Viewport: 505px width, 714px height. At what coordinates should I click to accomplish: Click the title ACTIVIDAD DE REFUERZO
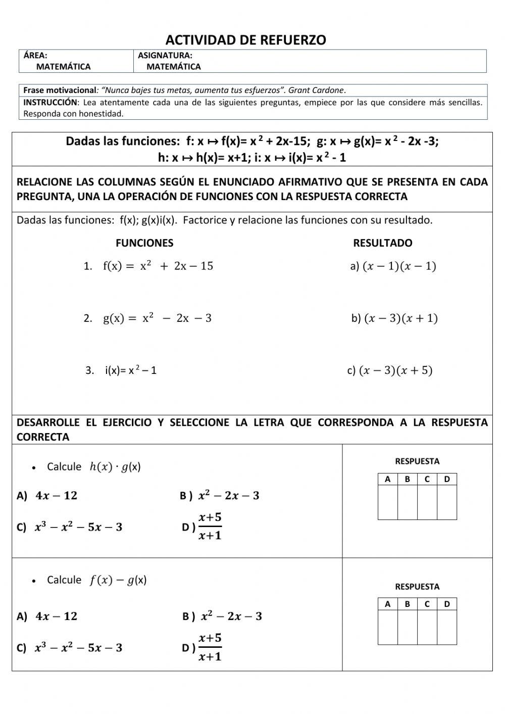click(245, 40)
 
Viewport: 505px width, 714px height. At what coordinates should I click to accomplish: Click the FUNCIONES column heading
click(144, 243)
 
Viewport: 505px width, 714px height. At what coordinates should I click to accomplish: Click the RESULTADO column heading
click(382, 243)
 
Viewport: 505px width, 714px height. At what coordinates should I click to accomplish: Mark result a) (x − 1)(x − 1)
click(393, 266)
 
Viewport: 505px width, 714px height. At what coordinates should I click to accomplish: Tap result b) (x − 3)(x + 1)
click(394, 318)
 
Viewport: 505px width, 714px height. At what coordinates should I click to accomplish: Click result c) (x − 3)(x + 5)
click(390, 370)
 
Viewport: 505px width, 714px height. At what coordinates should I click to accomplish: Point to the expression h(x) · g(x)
click(115, 467)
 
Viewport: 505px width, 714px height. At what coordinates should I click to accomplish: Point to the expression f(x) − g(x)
click(118, 580)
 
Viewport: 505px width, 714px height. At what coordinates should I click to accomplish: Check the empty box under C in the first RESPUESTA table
click(427, 502)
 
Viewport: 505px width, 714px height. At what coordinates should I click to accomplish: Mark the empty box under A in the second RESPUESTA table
click(388, 627)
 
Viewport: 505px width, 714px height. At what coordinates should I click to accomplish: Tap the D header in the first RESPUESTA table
click(446, 479)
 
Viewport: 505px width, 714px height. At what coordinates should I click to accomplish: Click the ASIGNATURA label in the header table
click(165, 56)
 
